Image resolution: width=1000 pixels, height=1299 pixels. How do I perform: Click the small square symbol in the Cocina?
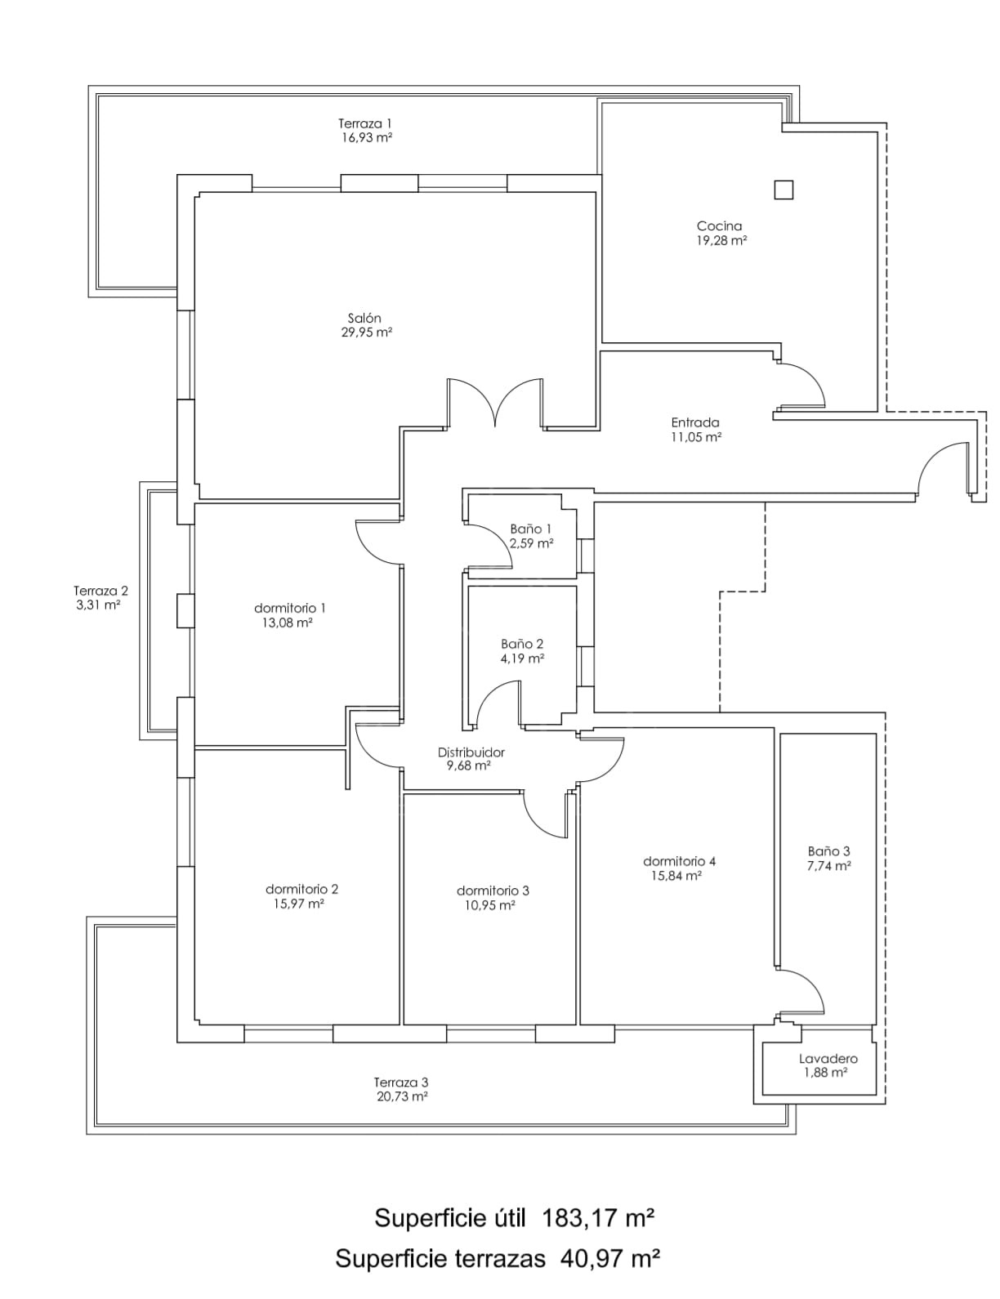[x=783, y=190]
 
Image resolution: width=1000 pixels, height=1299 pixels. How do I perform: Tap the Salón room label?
[x=364, y=318]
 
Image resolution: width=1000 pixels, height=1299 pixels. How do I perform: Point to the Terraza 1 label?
[x=365, y=123]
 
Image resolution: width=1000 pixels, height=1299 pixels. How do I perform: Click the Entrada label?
[x=695, y=422]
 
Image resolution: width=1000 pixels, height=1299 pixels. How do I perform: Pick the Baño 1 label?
[x=531, y=529]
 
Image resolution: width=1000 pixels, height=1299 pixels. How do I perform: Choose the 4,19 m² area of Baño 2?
[x=522, y=658]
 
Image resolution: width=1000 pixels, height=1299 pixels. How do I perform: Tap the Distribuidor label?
[x=471, y=752]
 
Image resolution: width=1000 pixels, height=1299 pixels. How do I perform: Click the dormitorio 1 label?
[x=290, y=609]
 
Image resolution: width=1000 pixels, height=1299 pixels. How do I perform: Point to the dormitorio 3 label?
[x=493, y=891]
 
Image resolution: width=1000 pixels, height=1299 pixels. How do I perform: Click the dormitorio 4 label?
[x=679, y=861]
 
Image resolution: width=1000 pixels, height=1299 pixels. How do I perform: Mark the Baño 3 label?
[x=828, y=851]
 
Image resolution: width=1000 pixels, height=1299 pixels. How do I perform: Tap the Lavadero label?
[x=828, y=1059]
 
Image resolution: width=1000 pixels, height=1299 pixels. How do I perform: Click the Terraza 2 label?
[x=101, y=591]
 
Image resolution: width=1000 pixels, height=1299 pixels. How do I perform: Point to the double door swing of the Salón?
[x=496, y=404]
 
